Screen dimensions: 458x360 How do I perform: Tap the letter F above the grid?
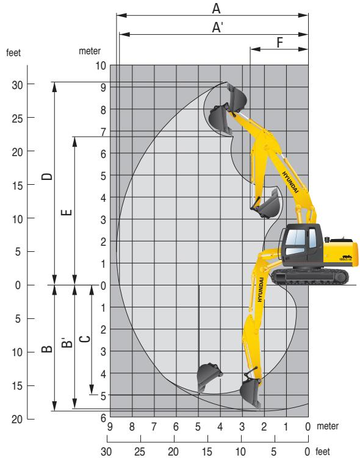279,42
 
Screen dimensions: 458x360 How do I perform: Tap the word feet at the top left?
13,53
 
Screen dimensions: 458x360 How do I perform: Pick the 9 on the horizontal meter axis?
110,426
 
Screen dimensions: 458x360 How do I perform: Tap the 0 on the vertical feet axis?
18,285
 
